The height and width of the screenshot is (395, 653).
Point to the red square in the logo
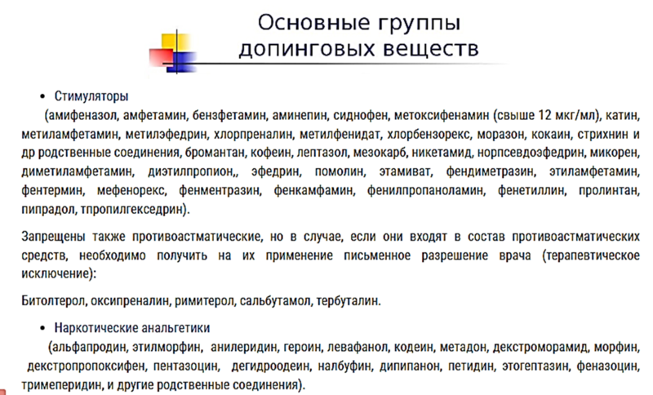point(161,57)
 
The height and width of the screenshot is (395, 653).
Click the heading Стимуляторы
point(91,96)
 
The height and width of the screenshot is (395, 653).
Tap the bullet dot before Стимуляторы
point(42,97)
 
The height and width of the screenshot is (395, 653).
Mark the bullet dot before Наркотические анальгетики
point(42,328)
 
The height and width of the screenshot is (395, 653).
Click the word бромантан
point(215,153)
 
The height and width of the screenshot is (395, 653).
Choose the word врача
point(515,255)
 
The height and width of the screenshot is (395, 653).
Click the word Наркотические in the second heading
point(96,328)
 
